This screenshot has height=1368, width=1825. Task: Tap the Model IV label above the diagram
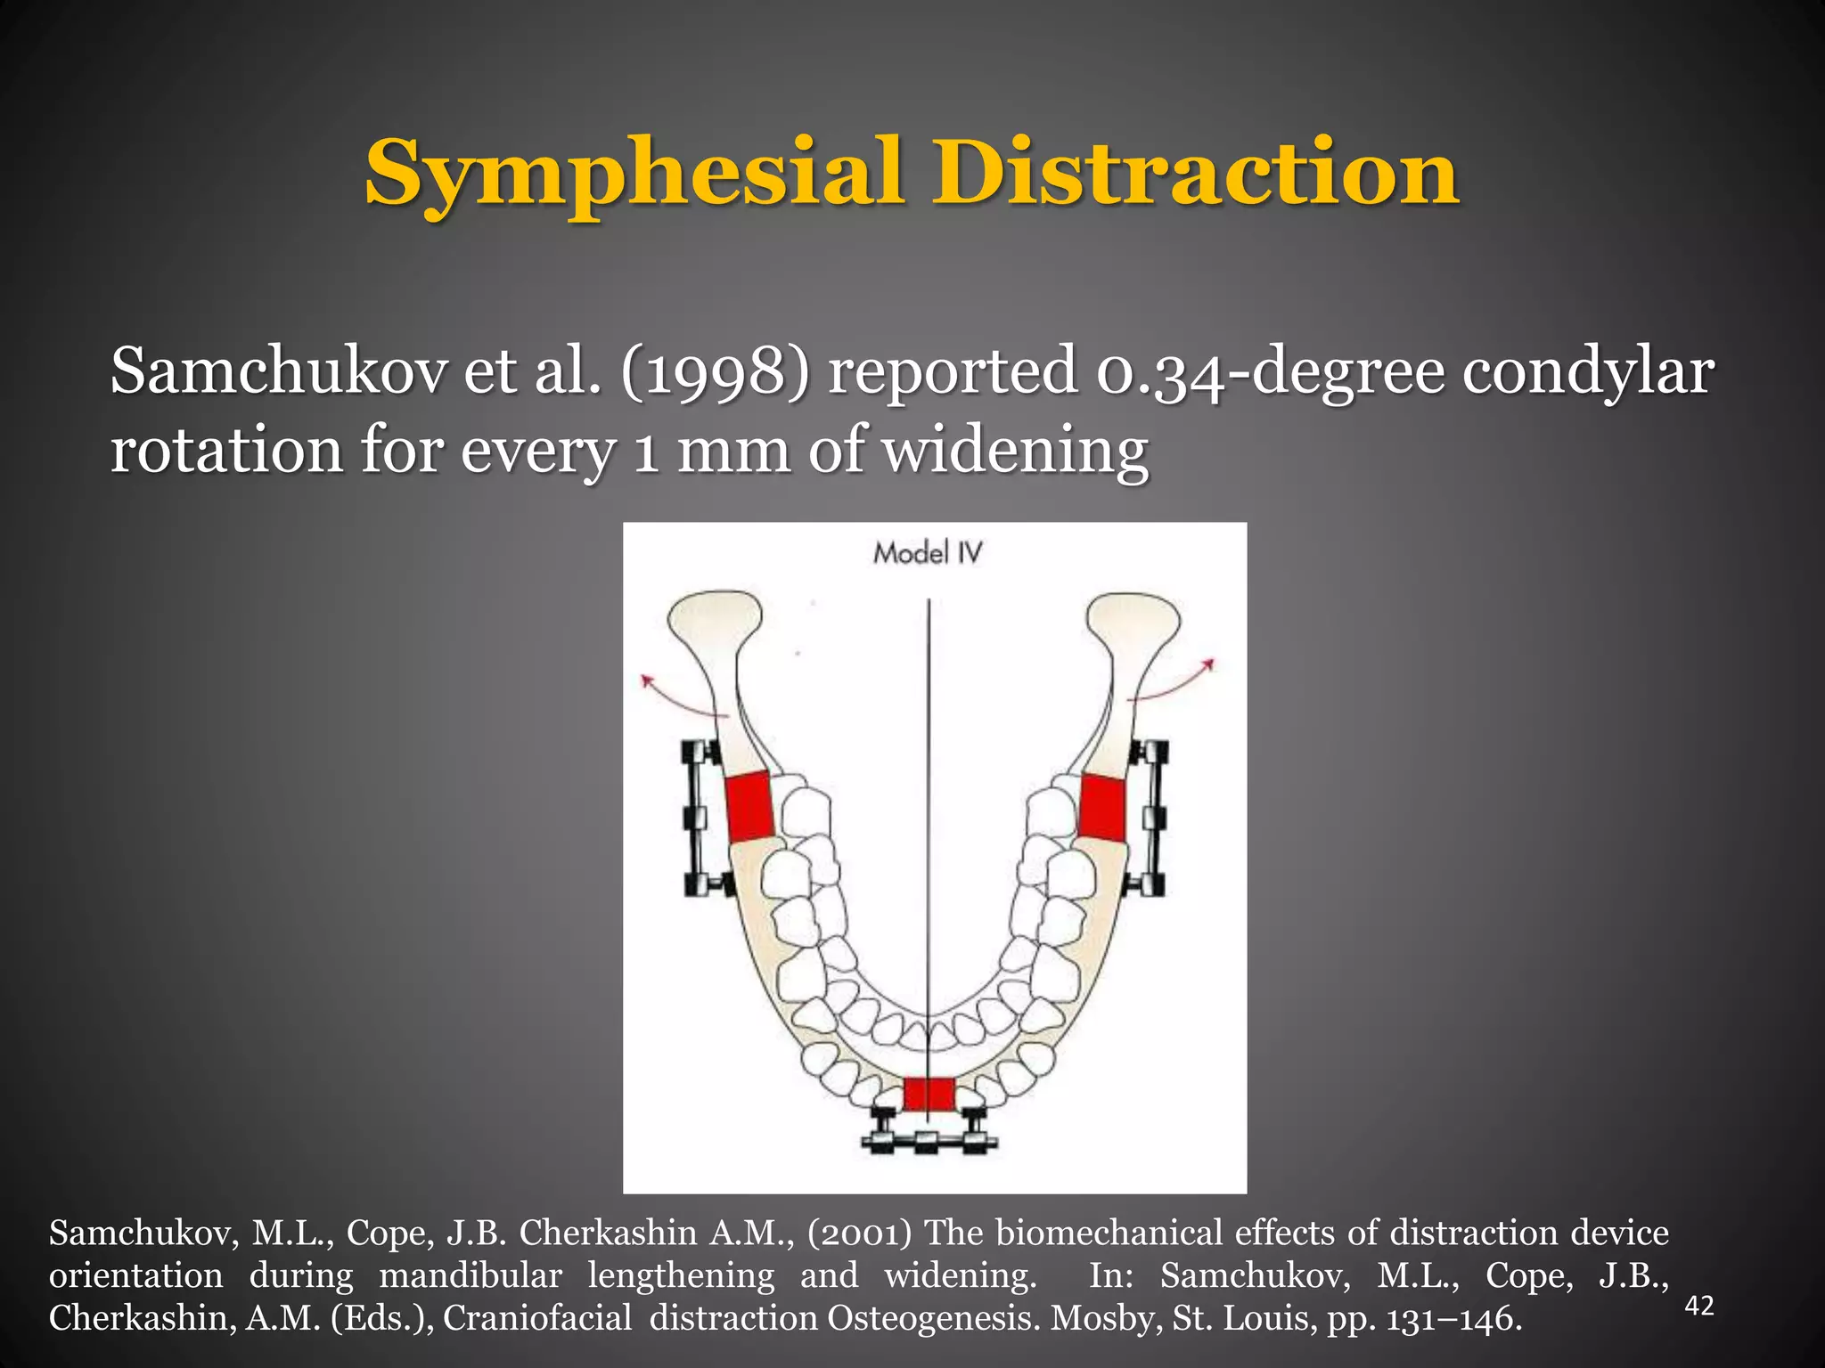(x=927, y=553)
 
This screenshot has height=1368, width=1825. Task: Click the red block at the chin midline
(x=929, y=1095)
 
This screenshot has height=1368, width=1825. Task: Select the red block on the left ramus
(x=749, y=807)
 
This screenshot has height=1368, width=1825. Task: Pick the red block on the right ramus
(x=1103, y=807)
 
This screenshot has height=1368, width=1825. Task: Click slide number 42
(x=1699, y=1306)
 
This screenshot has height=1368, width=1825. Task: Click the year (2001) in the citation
(x=860, y=1234)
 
